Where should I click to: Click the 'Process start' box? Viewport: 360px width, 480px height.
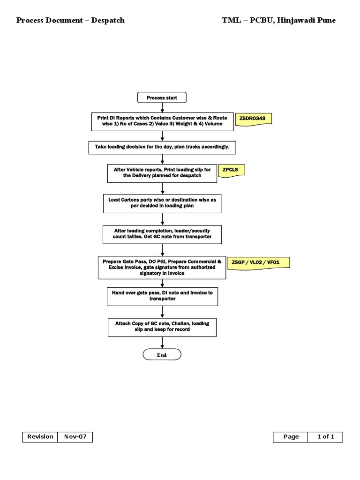pyautogui.click(x=162, y=97)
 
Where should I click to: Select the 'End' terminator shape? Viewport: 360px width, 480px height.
pyautogui.click(x=162, y=355)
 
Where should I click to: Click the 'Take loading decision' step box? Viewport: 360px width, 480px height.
pyautogui.click(x=162, y=147)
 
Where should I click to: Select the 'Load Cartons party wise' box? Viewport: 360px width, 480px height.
pyautogui.click(x=162, y=202)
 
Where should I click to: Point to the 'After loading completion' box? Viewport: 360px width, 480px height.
pyautogui.click(x=162, y=234)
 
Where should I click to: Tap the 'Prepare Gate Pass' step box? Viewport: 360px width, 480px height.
pyautogui.click(x=162, y=267)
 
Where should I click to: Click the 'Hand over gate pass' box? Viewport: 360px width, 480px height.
pyautogui.click(x=162, y=296)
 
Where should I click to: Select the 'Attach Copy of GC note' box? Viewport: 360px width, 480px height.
pyautogui.click(x=162, y=326)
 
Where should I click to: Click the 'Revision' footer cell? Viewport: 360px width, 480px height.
pyautogui.click(x=40, y=437)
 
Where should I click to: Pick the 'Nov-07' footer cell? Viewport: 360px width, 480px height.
pyautogui.click(x=75, y=437)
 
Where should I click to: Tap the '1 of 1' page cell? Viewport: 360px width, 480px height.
pyautogui.click(x=325, y=437)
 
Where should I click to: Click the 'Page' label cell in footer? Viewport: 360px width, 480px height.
pyautogui.click(x=291, y=437)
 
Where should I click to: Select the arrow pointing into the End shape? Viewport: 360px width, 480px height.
pyautogui.click(x=162, y=343)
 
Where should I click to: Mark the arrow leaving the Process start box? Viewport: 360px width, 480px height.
pyautogui.click(x=162, y=107)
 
